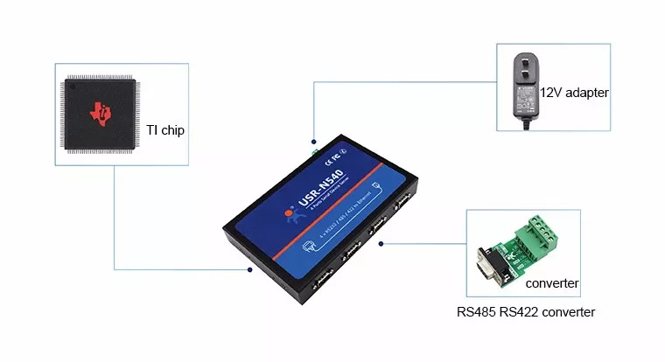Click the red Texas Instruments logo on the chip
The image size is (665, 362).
click(103, 112)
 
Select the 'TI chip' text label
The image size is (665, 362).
click(164, 130)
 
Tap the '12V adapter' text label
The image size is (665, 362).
click(573, 92)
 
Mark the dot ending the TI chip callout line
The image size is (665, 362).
click(249, 269)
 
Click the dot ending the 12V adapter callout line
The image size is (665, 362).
click(313, 139)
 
